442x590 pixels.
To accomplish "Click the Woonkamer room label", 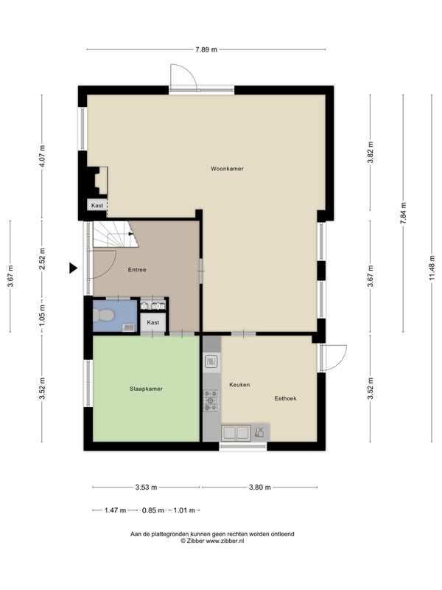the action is point(227,169).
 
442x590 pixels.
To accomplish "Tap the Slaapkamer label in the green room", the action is point(146,389).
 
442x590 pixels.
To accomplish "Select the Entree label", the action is point(137,270).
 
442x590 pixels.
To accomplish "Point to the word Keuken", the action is point(239,384).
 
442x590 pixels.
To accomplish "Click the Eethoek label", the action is point(285,398).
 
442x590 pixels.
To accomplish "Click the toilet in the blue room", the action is point(103,315).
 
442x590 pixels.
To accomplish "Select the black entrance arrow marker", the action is point(73,268).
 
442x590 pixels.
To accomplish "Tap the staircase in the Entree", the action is point(116,234).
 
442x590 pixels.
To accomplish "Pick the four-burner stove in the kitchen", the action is point(211,400).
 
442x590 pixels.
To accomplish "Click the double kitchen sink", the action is point(236,433).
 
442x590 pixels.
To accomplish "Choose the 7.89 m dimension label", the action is point(206,49).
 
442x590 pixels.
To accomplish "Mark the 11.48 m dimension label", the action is point(432,268).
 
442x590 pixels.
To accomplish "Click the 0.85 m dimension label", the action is point(152,510).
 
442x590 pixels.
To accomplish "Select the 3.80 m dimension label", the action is point(260,487).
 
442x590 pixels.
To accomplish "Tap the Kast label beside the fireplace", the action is point(97,206).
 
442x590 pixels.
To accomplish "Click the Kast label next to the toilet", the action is point(153,322).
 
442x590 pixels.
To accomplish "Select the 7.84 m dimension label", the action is point(403,213).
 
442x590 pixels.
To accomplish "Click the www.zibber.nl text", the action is point(225,541).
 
